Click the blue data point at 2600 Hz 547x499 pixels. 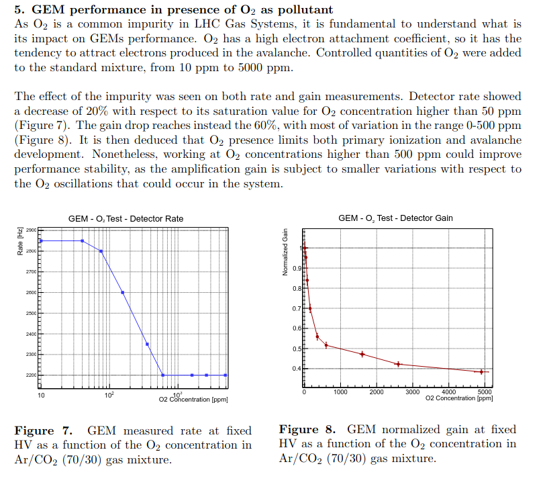point(123,292)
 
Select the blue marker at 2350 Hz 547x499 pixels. point(147,344)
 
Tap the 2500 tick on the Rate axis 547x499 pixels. point(31,313)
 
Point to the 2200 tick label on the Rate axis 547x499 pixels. point(31,375)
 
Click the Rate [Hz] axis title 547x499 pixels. point(19,241)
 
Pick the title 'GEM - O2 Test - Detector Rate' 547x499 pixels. point(126,218)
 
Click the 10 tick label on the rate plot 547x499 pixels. point(41,396)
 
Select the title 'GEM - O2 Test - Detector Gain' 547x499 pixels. point(395,218)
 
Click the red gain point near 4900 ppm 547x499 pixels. point(481,371)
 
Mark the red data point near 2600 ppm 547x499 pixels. point(398,364)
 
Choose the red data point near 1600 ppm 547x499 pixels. point(362,354)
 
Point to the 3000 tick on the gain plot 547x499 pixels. point(413,392)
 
